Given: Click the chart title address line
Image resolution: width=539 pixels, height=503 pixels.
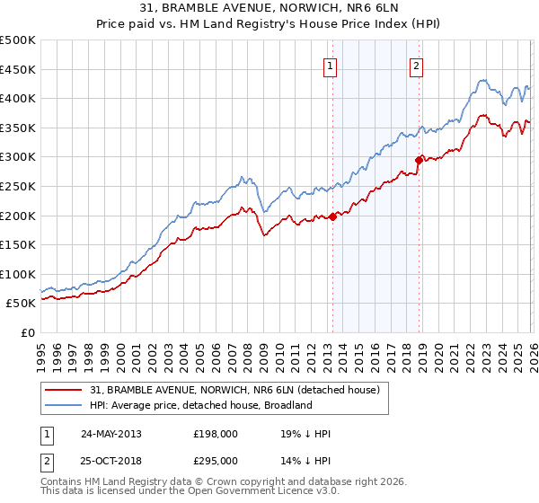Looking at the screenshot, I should click(269, 9).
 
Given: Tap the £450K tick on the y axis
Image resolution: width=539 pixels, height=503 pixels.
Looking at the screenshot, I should click(18, 69).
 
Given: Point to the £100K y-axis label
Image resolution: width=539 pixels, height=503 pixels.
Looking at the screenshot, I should click(18, 274).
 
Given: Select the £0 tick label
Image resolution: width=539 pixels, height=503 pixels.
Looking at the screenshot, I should click(29, 332).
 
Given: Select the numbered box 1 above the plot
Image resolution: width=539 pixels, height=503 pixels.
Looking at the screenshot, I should click(331, 66).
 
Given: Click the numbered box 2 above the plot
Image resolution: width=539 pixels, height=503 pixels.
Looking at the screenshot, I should click(418, 66).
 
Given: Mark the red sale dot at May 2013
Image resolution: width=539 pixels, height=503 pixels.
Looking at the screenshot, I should click(332, 216).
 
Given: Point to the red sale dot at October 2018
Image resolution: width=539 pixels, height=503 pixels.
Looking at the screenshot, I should click(419, 160).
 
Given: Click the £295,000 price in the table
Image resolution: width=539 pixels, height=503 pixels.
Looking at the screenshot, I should click(216, 460).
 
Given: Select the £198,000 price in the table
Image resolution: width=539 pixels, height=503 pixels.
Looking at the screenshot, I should click(216, 434).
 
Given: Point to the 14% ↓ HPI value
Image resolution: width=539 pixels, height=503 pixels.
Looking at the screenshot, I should click(305, 460).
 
